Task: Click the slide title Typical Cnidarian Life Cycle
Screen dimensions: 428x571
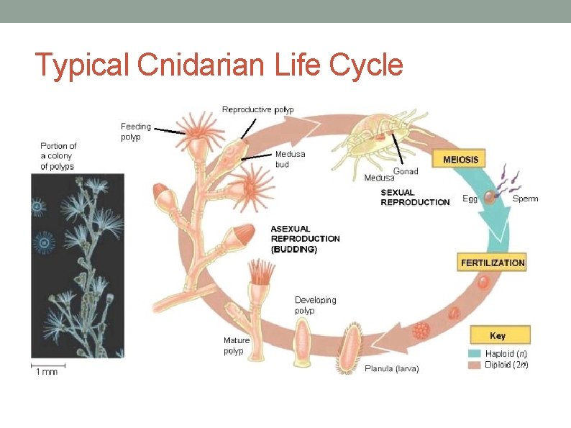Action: [219, 65]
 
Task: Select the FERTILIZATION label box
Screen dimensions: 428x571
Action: [493, 263]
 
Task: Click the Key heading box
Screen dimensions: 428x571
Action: [498, 335]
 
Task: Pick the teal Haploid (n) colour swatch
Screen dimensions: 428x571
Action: [475, 353]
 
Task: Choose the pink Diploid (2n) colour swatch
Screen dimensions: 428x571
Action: [475, 365]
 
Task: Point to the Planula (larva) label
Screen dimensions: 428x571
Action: [393, 368]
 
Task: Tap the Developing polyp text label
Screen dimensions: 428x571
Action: [315, 305]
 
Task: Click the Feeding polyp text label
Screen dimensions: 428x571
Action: [135, 132]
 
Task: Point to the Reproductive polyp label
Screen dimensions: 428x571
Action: [257, 110]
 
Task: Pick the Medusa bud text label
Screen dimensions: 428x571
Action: [290, 159]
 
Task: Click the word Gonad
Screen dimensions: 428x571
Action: [406, 171]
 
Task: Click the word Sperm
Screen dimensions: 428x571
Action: [524, 199]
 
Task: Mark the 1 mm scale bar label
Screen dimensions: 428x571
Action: [47, 371]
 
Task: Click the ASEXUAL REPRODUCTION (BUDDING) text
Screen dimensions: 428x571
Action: [305, 239]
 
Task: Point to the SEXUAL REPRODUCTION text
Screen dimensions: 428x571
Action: [415, 197]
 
